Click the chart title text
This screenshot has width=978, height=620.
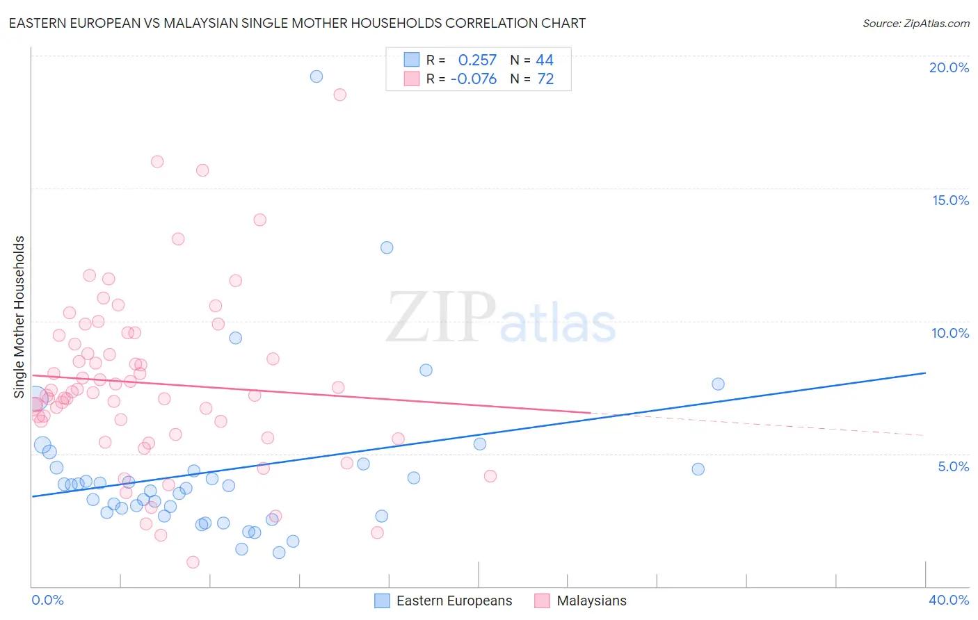pyautogui.click(x=297, y=23)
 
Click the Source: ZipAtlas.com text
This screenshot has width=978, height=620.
pyautogui.click(x=915, y=23)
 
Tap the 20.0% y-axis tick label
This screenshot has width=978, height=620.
pyautogui.click(x=949, y=67)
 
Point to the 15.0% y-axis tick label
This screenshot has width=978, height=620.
pyautogui.click(x=950, y=200)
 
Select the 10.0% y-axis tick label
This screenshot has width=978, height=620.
pyautogui.click(x=950, y=333)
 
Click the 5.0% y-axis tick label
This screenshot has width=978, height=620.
pyautogui.click(x=953, y=466)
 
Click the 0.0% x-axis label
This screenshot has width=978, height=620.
pyautogui.click(x=47, y=600)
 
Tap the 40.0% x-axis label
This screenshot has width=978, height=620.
pyautogui.click(x=949, y=600)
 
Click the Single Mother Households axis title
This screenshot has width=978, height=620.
pyautogui.click(x=19, y=317)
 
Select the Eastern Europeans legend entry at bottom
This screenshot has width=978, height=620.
pyautogui.click(x=444, y=601)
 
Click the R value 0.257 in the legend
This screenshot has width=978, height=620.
pyautogui.click(x=477, y=60)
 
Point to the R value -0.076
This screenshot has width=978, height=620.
pyautogui.click(x=474, y=79)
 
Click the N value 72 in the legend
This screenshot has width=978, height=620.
pyautogui.click(x=545, y=79)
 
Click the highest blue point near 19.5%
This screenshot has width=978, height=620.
pyautogui.click(x=316, y=76)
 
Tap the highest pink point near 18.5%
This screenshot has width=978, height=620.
pyautogui.click(x=340, y=95)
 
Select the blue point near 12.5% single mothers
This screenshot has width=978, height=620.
pyautogui.click(x=387, y=247)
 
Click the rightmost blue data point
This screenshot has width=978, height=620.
pyautogui.click(x=719, y=384)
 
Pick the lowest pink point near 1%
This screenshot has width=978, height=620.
pyautogui.click(x=193, y=562)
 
